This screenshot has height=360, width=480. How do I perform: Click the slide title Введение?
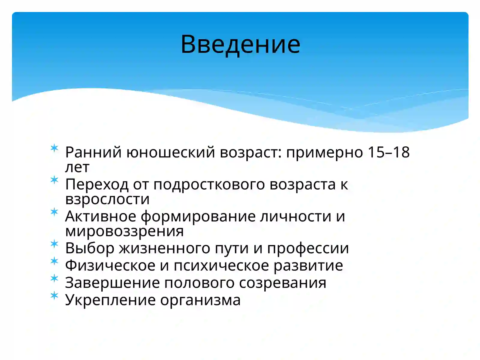(240, 44)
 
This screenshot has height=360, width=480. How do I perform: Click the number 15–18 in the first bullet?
(388, 152)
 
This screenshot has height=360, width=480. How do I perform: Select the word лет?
(77, 167)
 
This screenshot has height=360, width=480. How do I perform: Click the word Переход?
(97, 184)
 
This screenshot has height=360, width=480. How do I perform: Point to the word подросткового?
(209, 184)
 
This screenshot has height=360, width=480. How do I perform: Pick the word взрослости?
(107, 199)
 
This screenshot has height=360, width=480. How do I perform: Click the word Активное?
(100, 216)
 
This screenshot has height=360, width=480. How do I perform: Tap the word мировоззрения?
(124, 231)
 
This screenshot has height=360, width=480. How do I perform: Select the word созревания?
(283, 283)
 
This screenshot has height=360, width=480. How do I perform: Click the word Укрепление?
(110, 300)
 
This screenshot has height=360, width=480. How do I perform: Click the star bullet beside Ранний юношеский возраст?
(54, 148)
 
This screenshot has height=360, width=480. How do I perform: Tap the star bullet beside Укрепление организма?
(54, 295)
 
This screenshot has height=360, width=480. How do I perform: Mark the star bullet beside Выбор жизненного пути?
(54, 244)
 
